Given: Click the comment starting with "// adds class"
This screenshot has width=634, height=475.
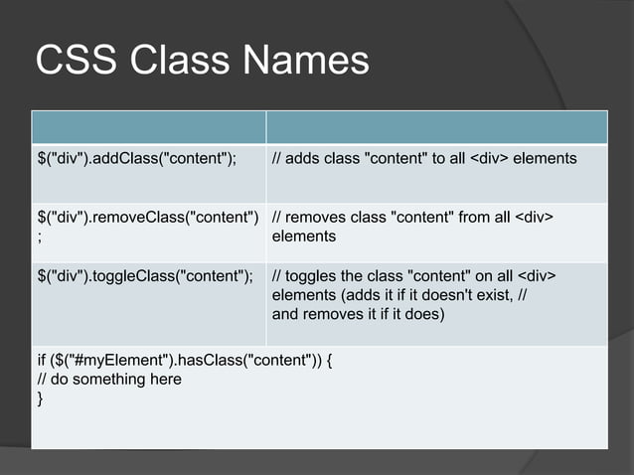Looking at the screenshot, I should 424,158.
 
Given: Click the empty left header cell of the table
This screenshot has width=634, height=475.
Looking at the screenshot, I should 148,127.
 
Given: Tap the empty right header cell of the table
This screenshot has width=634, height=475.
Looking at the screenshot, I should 437,127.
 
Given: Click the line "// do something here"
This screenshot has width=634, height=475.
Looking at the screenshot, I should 109,380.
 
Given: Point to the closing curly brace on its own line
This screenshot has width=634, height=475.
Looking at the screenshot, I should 40,398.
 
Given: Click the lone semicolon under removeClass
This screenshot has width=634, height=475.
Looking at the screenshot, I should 39,237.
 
